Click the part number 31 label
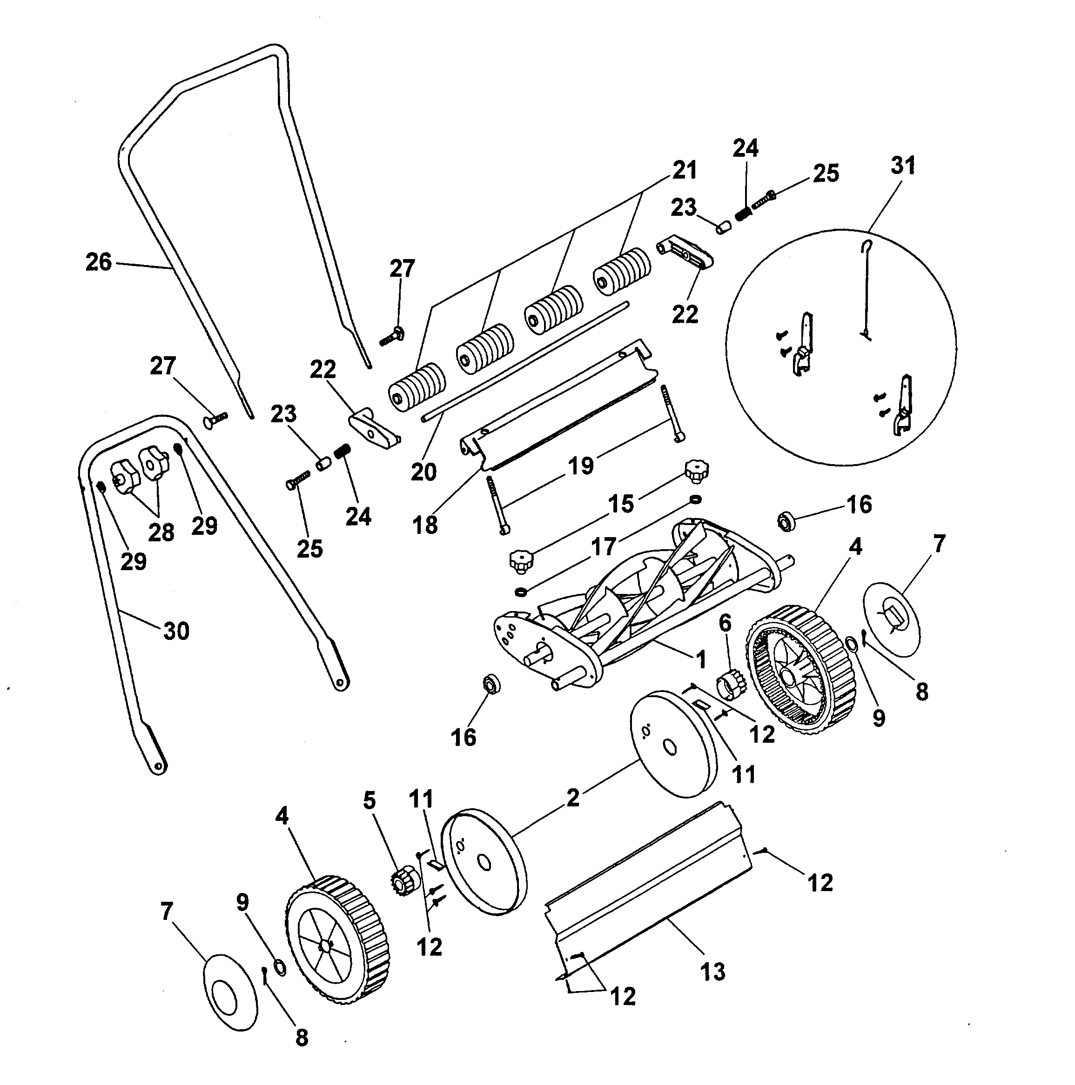902,166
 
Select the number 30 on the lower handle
176,631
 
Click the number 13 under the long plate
712,971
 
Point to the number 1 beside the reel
700,659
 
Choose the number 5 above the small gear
369,800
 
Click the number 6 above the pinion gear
725,622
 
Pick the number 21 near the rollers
685,170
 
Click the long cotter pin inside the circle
866,292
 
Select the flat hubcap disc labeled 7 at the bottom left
230,991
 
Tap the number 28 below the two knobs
161,532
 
